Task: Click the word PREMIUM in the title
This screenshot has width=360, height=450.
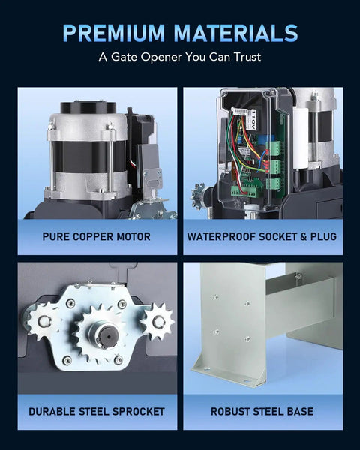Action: click(x=114, y=33)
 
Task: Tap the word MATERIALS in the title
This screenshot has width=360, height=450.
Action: click(x=235, y=33)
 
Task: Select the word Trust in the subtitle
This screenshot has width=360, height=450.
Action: click(x=247, y=57)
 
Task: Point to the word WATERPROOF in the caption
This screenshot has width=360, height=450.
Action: click(x=221, y=236)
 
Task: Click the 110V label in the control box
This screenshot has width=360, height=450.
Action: click(x=253, y=118)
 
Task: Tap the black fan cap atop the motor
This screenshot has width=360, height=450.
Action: click(x=88, y=107)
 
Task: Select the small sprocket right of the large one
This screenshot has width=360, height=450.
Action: click(x=157, y=322)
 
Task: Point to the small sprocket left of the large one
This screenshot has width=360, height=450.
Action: click(x=43, y=320)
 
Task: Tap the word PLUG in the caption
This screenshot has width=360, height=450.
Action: click(x=323, y=236)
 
